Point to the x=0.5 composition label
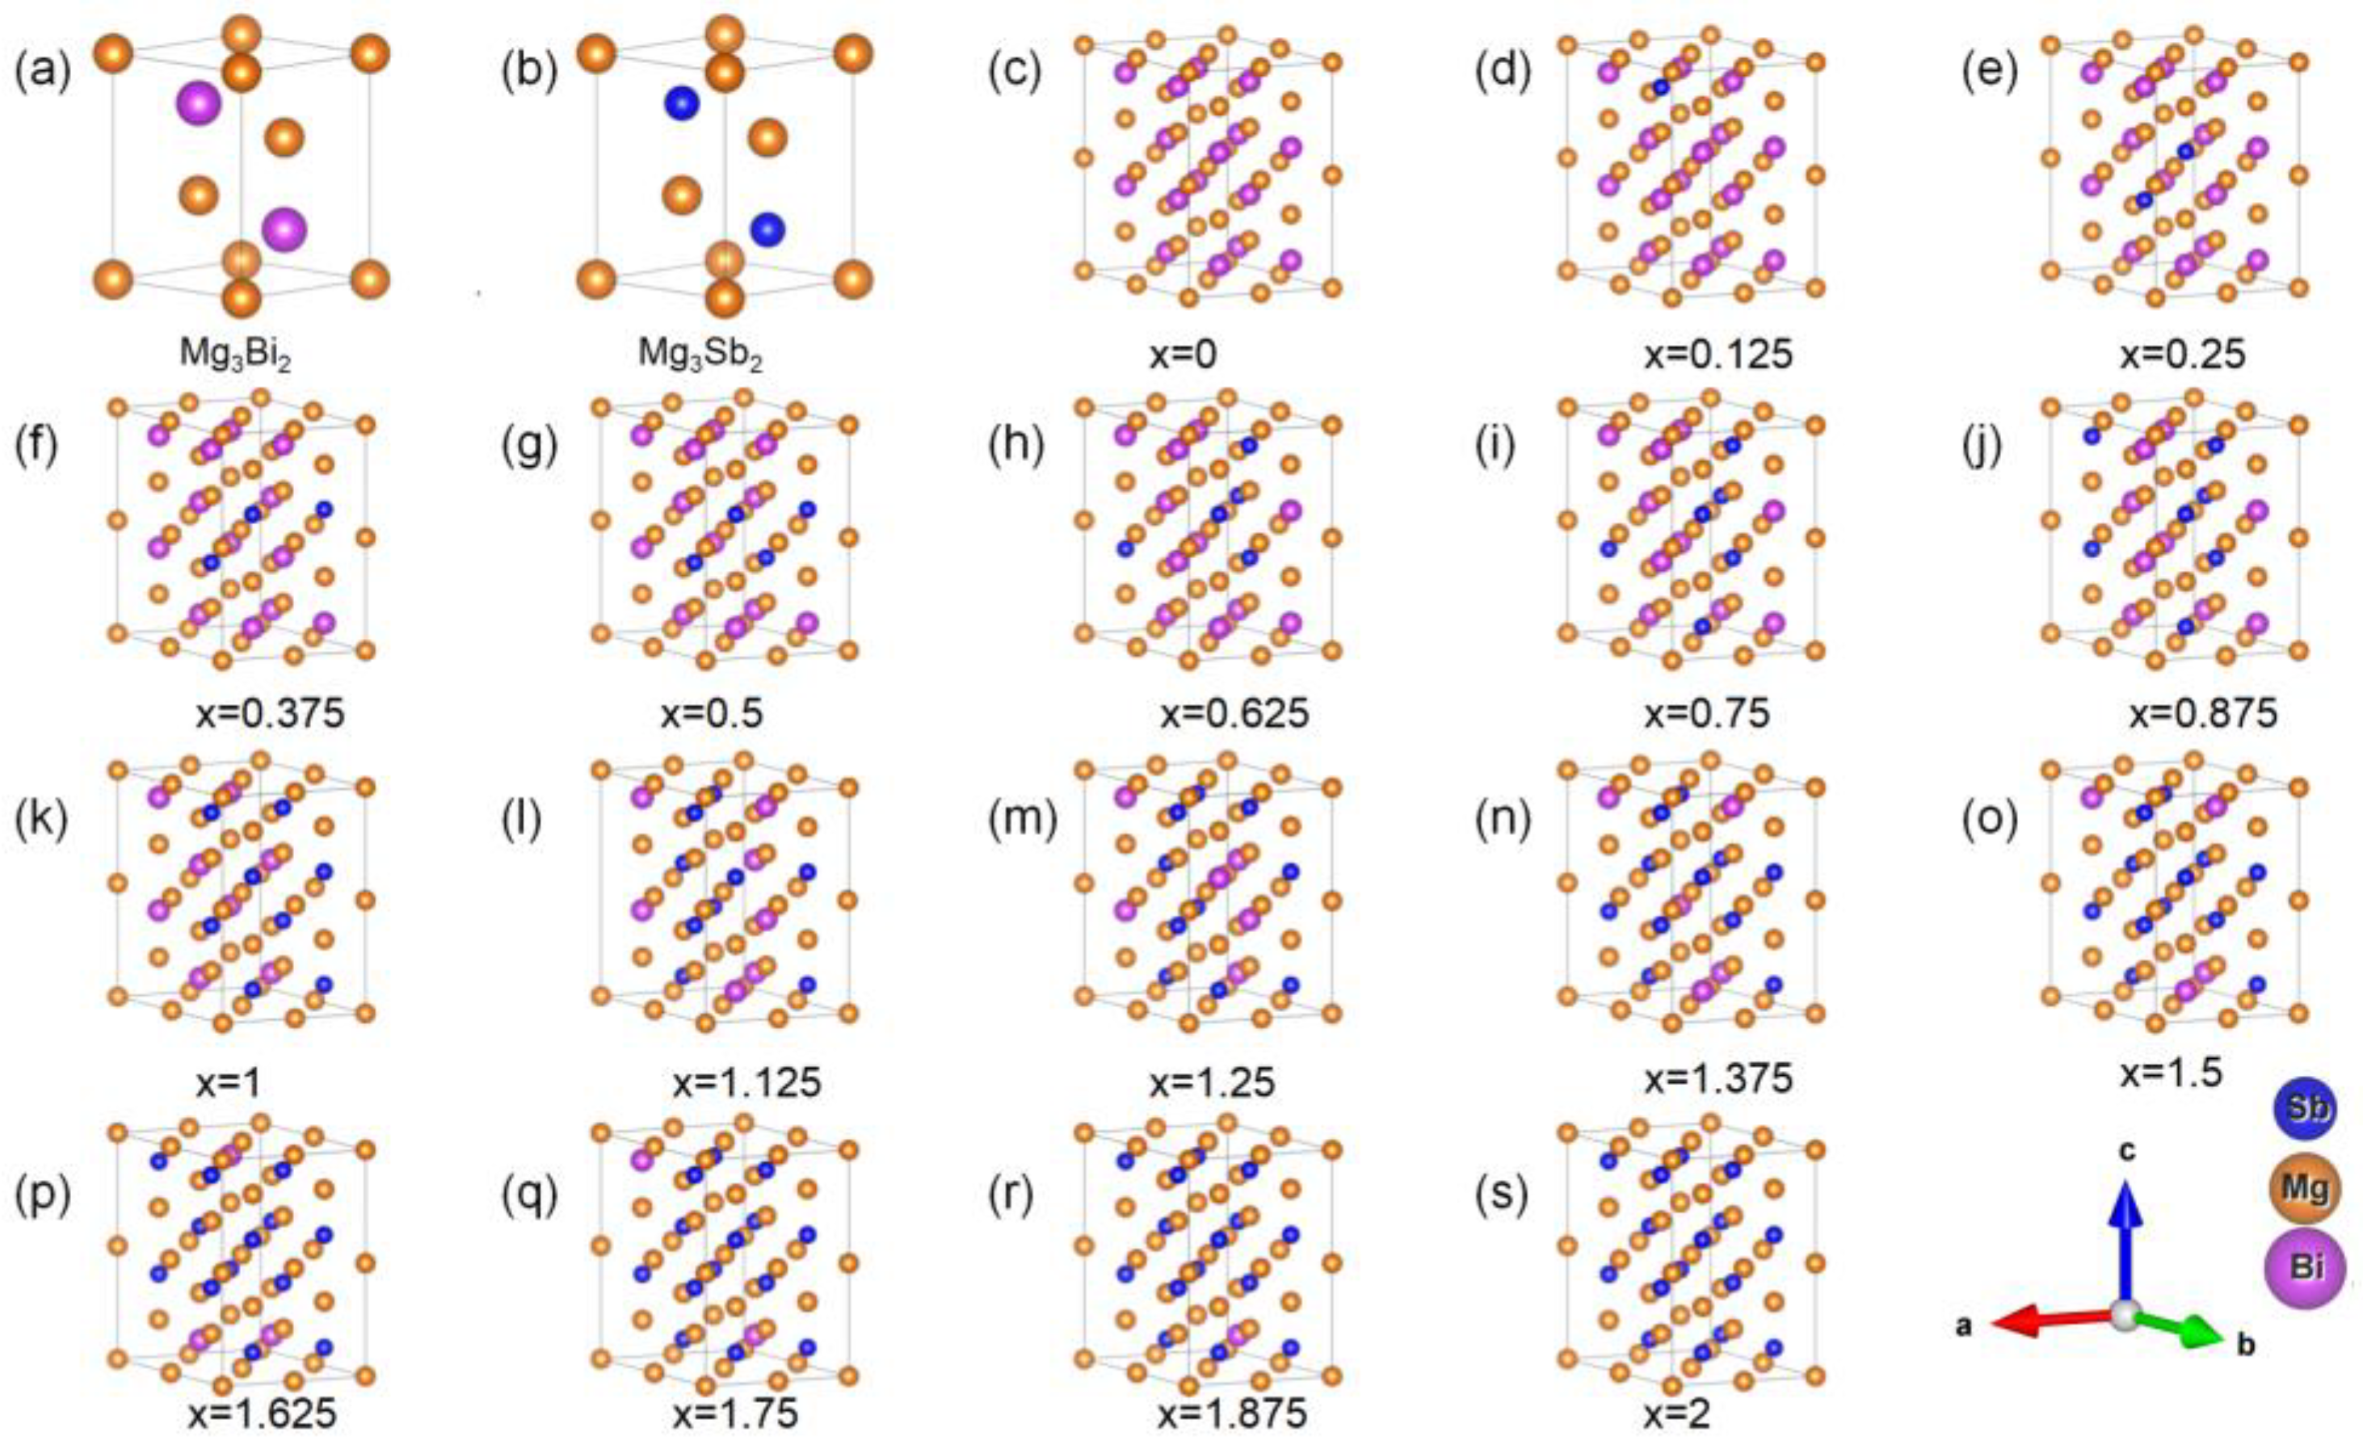[x=712, y=715]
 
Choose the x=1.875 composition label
[x=1232, y=1414]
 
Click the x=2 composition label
[x=1678, y=1414]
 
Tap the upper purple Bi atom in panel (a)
[x=199, y=103]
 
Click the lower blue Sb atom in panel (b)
[x=767, y=229]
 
